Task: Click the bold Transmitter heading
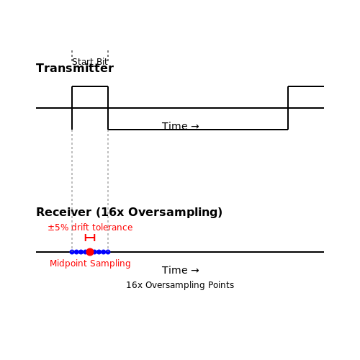click(x=75, y=68)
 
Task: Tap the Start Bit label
click(x=90, y=62)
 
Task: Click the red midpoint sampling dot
click(x=90, y=252)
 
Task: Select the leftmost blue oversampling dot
click(x=72, y=252)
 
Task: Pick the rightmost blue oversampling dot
click(x=108, y=252)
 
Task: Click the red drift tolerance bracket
click(x=90, y=238)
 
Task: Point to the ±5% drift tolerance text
click(x=90, y=228)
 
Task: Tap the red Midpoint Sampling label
click(x=90, y=264)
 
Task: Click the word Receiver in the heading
click(x=63, y=212)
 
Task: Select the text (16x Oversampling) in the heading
click(x=159, y=212)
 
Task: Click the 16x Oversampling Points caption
click(x=180, y=285)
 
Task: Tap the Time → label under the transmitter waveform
click(x=181, y=126)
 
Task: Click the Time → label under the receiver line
click(x=181, y=270)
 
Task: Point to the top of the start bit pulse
click(x=90, y=86)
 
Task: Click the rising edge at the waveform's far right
click(x=288, y=108)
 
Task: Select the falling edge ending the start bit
click(x=108, y=108)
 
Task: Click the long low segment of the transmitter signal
click(x=198, y=130)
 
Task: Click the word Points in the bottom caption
click(x=221, y=285)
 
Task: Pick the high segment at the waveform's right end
click(x=306, y=86)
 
